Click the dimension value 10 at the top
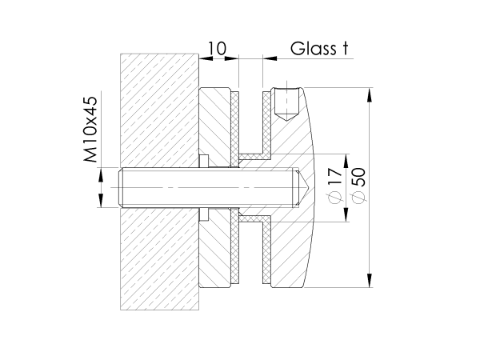pyautogui.click(x=214, y=49)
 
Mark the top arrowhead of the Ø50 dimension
pyautogui.click(x=370, y=93)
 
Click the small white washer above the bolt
pyautogui.click(x=202, y=162)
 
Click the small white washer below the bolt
pyautogui.click(x=202, y=214)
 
